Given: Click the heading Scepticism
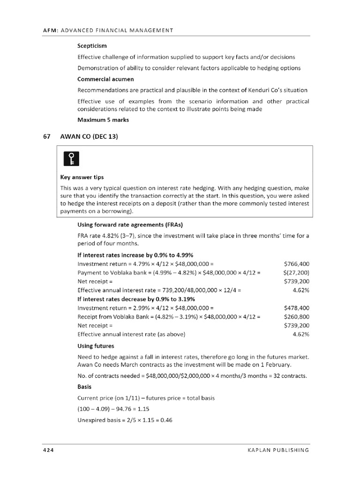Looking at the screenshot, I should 92,46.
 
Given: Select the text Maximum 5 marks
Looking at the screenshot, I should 103,120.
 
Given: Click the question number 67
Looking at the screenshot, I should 46,136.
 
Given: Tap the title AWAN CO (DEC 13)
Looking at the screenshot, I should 89,136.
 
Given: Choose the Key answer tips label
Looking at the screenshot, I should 82,177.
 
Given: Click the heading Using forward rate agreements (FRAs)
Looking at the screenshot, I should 130,224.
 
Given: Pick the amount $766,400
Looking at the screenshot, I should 296,264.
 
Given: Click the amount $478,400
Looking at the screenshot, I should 296,308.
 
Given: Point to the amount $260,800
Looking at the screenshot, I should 296,316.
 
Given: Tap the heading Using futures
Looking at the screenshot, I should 96,346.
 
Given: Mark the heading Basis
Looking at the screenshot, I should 84,387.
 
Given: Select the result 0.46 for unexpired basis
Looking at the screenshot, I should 166,420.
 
